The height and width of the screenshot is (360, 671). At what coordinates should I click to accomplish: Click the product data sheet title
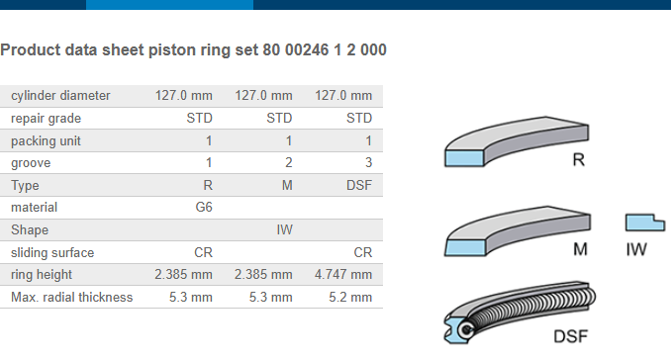click(193, 50)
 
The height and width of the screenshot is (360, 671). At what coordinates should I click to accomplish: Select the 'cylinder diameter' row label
click(60, 95)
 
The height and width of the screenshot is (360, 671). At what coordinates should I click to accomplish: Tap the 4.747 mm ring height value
click(343, 274)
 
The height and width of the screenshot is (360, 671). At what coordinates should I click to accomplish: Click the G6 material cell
click(204, 207)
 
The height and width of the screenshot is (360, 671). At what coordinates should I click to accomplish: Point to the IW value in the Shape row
click(284, 229)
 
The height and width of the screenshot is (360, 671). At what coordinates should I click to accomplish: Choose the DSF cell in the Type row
click(359, 185)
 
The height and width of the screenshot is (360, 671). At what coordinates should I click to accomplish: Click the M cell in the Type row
click(287, 185)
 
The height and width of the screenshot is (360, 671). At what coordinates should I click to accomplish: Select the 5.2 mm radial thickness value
click(350, 297)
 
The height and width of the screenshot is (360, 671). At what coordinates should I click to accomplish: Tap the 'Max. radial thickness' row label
click(72, 297)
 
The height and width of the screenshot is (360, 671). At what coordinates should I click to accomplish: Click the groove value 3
click(368, 162)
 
